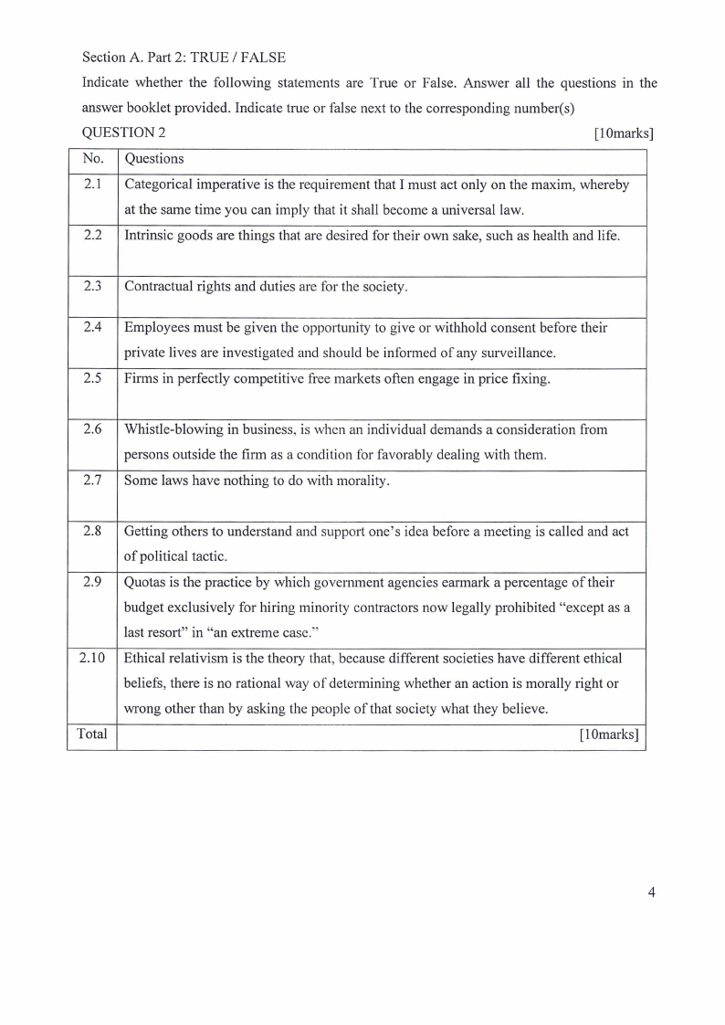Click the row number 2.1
pos(92,185)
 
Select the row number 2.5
pos(92,378)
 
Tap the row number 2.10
pos(92,658)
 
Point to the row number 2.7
pos(92,481)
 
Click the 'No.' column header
pos(93,159)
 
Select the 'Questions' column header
pos(153,159)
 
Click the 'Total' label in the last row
pos(91,734)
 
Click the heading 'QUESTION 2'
pos(124,133)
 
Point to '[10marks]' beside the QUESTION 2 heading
pos(624,133)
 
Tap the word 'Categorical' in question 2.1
pos(158,185)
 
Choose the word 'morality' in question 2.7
pos(362,481)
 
